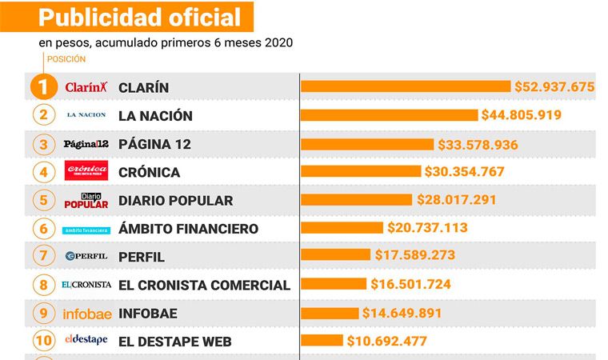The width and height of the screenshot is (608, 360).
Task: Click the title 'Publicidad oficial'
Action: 139,17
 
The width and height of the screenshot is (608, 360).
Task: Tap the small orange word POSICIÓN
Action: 66,59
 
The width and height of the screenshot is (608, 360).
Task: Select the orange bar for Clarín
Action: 406,86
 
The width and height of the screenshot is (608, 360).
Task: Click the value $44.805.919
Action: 521,115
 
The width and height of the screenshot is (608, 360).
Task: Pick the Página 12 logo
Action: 86,144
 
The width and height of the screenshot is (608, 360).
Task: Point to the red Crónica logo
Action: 86,172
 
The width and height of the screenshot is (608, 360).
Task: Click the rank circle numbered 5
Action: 44,200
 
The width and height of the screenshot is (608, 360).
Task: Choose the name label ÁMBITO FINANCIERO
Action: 188,229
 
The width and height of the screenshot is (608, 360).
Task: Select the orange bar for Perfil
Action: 336,256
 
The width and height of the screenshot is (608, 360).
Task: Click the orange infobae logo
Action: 86,314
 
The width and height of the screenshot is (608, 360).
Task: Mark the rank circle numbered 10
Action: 44,341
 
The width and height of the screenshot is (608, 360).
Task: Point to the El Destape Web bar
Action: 322,341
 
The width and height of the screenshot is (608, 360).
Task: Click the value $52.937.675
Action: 554,86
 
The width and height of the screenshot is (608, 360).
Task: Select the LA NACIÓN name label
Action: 155,116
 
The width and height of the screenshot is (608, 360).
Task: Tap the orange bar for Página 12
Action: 367,145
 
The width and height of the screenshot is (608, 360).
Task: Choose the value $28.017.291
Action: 456,200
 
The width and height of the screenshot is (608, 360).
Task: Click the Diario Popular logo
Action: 86,200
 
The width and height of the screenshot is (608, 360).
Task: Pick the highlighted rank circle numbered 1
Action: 44,86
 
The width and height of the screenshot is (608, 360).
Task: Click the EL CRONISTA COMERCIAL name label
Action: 204,285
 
